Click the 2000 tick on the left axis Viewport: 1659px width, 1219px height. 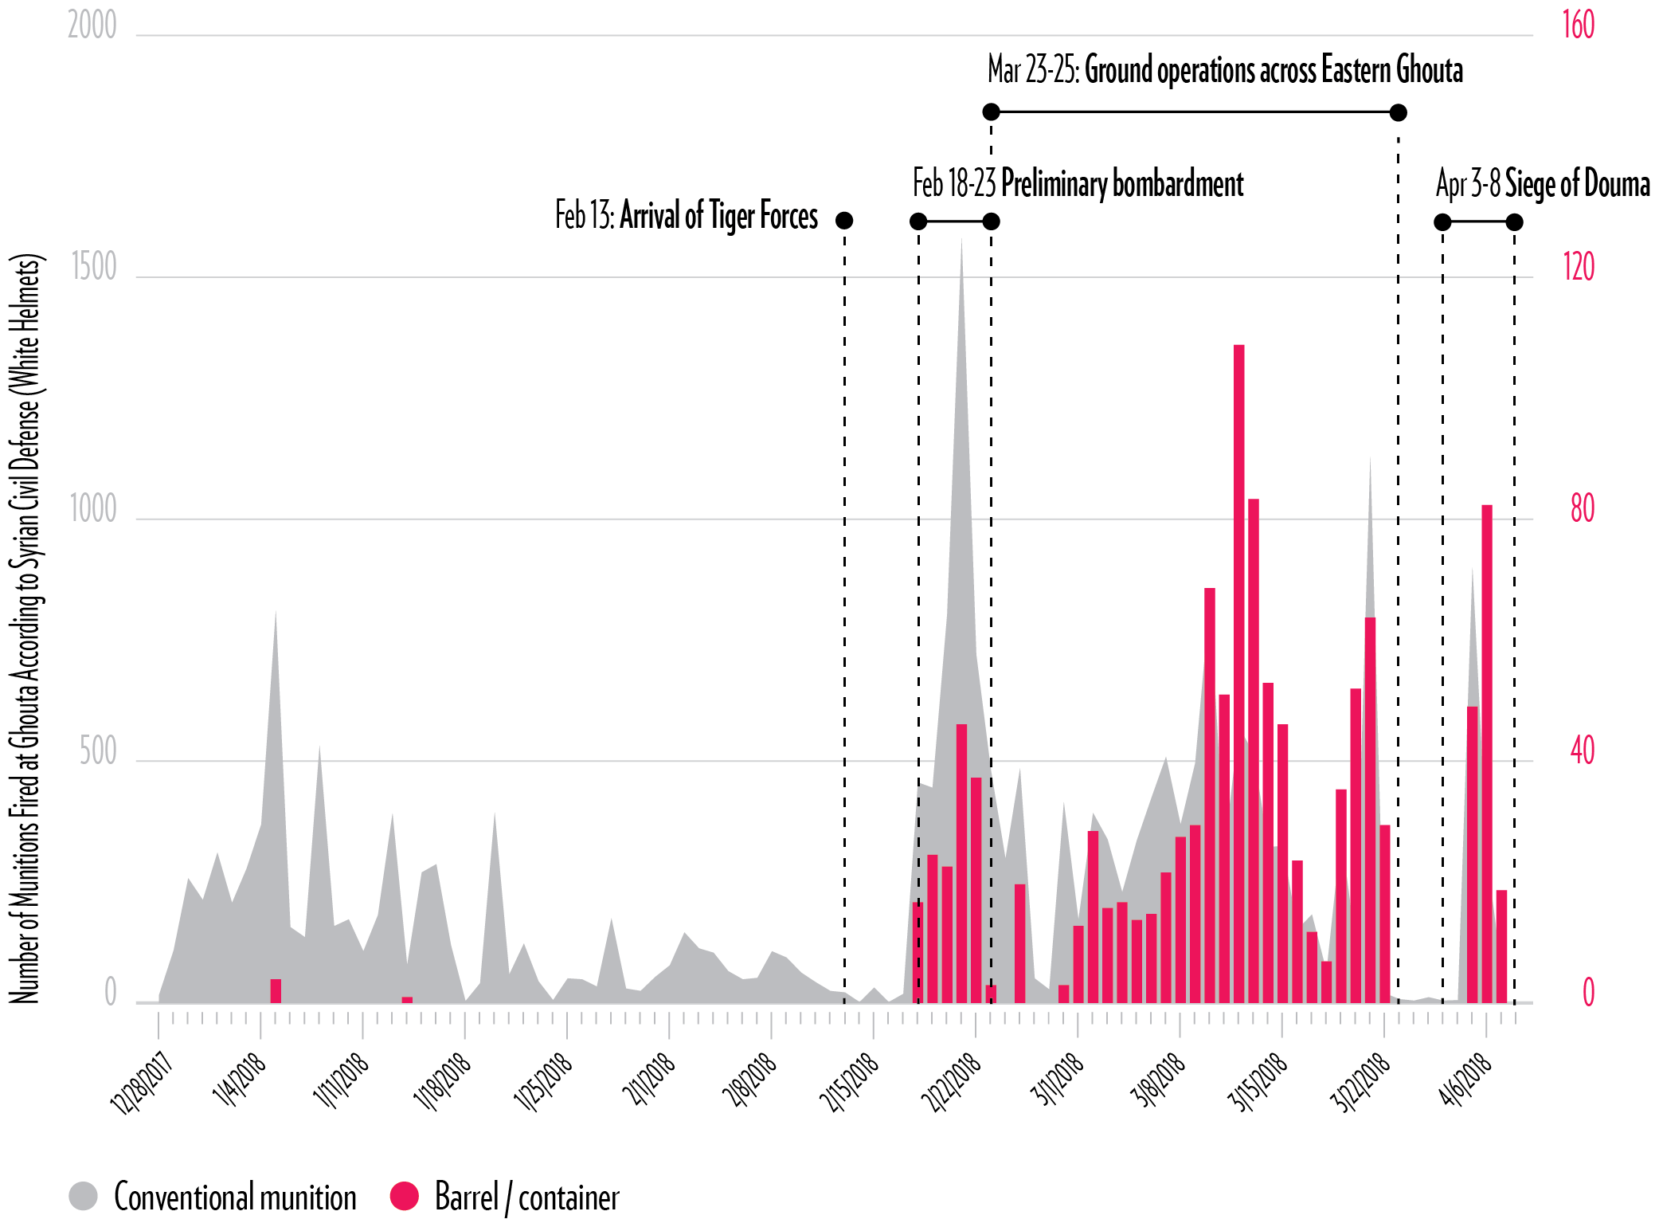(92, 25)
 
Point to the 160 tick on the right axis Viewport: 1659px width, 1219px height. (1579, 25)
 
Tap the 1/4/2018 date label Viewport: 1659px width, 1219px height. (239, 1080)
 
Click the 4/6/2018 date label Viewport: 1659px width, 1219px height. (1464, 1080)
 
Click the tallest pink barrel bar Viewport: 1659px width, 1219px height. (1238, 673)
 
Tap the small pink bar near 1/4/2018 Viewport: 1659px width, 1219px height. (276, 990)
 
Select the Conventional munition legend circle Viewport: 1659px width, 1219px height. (84, 1196)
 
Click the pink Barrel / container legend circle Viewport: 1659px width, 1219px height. (405, 1196)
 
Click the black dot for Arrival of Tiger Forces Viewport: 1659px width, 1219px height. (844, 220)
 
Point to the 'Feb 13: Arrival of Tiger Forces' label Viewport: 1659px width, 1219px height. (686, 216)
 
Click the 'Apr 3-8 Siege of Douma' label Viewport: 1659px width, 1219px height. (1542, 184)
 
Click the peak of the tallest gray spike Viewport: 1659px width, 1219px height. (961, 241)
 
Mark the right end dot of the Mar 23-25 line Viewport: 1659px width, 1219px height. (1398, 112)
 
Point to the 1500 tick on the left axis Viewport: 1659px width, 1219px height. (94, 268)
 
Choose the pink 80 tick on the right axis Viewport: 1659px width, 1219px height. (1583, 509)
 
